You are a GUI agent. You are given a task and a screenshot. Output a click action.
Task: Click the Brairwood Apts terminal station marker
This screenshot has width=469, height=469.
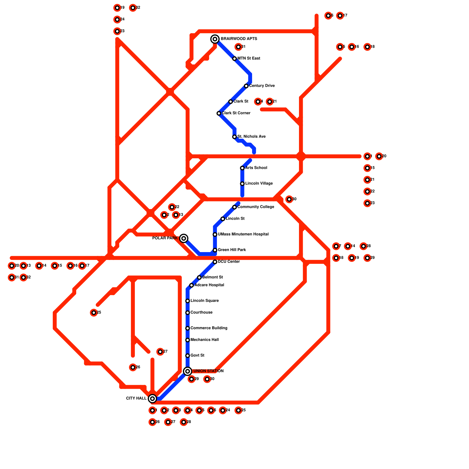point(215,39)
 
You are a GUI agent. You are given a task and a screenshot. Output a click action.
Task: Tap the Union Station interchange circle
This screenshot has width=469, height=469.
point(188,371)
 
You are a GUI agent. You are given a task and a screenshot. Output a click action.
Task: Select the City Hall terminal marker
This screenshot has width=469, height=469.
point(152,398)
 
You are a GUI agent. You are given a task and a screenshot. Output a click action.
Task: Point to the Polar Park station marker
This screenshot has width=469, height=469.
point(183,238)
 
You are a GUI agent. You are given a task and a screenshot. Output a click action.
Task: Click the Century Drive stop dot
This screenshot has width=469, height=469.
point(246,86)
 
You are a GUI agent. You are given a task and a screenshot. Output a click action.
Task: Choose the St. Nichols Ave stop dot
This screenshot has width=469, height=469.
point(235,137)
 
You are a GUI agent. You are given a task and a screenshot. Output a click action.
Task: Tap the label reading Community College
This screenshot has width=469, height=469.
point(256,207)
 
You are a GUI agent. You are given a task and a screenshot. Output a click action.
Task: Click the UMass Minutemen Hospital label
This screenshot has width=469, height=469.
point(243,234)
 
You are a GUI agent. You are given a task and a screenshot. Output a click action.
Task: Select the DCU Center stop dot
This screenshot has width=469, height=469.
point(215,262)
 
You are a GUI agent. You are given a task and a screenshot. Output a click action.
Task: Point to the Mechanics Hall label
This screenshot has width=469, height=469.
point(204,340)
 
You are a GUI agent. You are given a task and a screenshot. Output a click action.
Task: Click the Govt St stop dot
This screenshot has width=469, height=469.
point(188,356)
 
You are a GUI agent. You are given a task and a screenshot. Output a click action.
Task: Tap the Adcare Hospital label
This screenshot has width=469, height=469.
point(209,285)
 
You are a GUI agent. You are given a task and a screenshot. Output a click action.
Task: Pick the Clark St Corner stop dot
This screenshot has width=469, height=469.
point(219,113)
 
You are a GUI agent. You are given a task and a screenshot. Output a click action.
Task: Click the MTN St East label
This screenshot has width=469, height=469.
point(249,58)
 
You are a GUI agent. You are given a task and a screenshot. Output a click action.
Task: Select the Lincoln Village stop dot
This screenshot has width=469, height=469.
point(242,183)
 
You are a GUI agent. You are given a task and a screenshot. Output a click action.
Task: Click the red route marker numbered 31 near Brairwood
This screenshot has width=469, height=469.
point(238,47)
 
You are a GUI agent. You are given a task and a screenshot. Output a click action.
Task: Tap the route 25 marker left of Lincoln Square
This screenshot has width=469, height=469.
point(94,312)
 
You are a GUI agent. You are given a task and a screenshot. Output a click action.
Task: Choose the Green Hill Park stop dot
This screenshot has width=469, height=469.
point(215,250)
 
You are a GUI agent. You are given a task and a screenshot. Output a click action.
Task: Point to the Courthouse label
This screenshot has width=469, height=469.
point(201,312)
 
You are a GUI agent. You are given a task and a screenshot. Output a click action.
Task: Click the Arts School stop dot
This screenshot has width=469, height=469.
point(242,168)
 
